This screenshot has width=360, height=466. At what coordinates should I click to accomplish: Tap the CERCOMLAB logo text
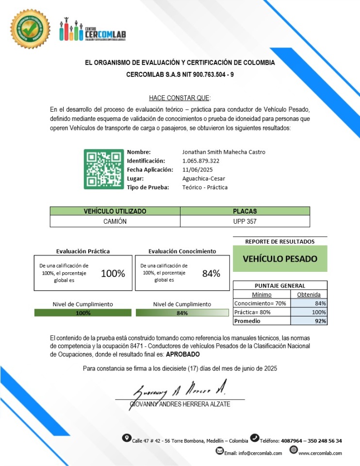(105, 34)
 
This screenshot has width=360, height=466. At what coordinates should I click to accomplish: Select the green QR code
(104, 169)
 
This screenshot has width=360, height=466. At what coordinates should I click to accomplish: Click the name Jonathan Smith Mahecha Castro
(224, 152)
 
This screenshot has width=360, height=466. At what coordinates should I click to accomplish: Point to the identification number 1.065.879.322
(201, 161)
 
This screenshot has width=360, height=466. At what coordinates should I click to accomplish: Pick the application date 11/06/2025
(198, 169)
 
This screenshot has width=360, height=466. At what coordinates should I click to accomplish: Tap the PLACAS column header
(245, 211)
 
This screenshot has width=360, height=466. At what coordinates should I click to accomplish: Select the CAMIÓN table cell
(115, 221)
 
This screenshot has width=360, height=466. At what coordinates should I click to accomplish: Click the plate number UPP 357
(245, 221)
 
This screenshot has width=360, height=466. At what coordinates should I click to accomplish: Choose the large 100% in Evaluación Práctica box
(113, 273)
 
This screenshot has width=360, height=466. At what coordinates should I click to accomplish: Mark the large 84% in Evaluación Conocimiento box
(211, 273)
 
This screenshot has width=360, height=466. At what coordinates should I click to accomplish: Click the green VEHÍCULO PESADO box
(280, 259)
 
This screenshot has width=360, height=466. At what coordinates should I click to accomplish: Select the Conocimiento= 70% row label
(253, 303)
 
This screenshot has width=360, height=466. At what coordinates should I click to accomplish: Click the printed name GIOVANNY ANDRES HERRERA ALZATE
(180, 404)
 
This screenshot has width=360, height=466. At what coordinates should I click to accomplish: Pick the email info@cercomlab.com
(260, 453)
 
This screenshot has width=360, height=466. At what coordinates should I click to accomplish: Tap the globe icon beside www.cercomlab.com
(294, 450)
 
